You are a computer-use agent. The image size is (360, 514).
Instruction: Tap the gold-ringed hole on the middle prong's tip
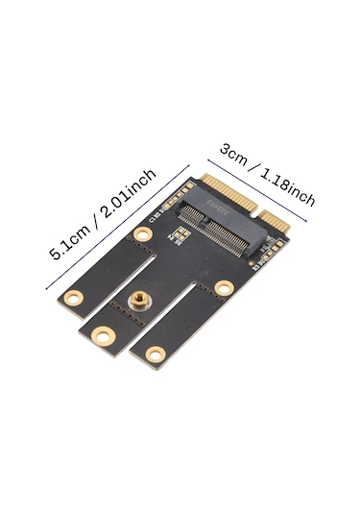click(103, 335)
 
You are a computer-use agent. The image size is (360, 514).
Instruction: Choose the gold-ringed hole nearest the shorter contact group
click(224, 287)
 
